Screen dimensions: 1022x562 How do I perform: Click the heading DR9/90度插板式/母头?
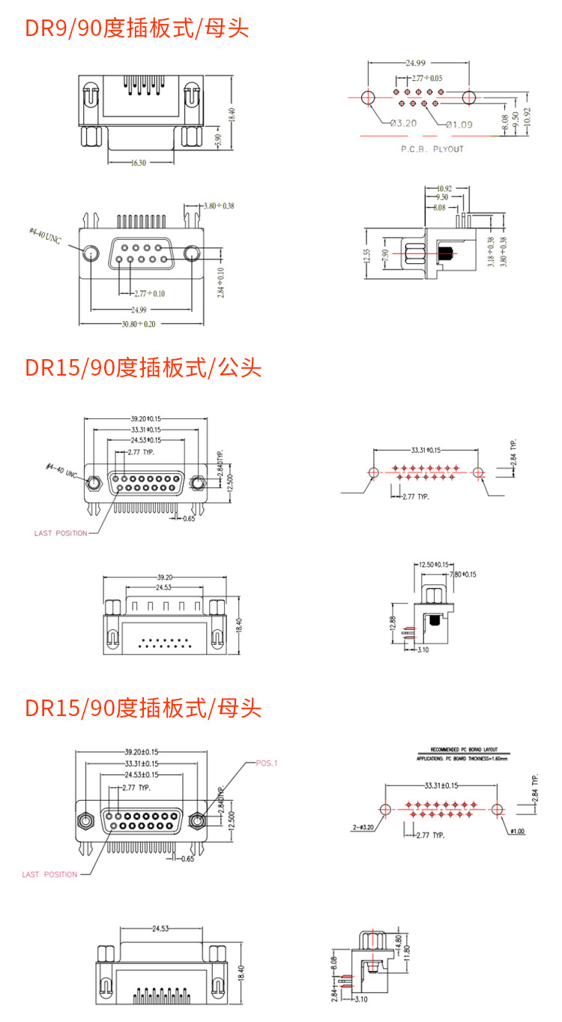137,28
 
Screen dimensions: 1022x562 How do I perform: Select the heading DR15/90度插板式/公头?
143,368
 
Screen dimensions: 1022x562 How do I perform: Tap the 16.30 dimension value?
139,162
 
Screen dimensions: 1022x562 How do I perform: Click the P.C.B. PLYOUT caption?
432,148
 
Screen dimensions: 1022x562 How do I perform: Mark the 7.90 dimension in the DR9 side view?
386,258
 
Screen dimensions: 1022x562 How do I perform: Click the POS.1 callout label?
266,763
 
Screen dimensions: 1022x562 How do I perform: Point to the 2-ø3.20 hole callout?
363,828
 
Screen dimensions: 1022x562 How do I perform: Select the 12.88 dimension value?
393,625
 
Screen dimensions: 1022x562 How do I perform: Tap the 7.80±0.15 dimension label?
462,574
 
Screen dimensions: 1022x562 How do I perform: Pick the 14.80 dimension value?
398,941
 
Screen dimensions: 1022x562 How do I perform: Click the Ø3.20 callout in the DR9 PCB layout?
403,122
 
